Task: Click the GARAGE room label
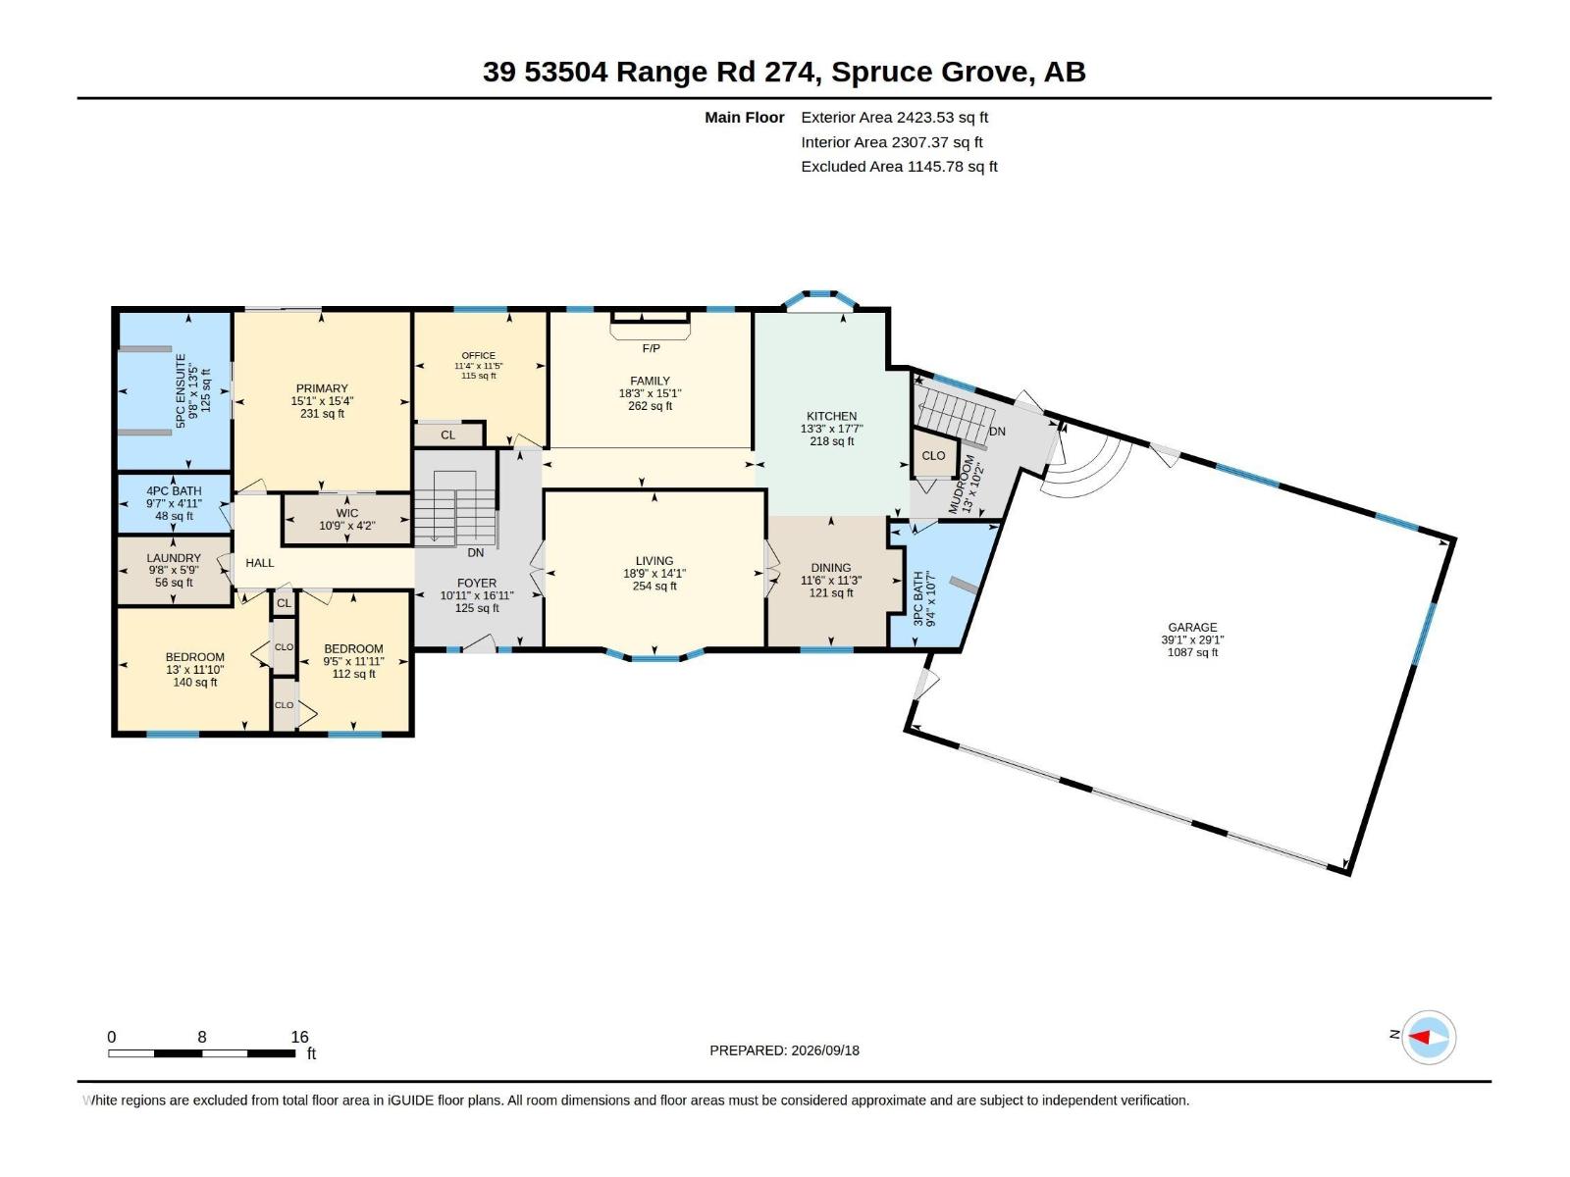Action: (x=1192, y=628)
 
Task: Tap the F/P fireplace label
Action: (x=651, y=348)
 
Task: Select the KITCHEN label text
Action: (x=831, y=416)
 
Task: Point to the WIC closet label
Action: (x=347, y=513)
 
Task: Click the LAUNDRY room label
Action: (x=174, y=558)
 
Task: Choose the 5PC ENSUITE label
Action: (x=181, y=391)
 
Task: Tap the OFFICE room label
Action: (x=479, y=355)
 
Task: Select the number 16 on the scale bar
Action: (x=299, y=1036)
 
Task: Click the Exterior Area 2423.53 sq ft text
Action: (x=894, y=117)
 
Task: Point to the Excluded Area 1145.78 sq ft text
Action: (x=899, y=167)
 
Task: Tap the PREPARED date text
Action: (x=785, y=1050)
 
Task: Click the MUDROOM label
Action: (x=962, y=484)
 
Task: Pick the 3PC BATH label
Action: (x=918, y=599)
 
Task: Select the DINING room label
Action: (x=831, y=568)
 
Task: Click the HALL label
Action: (x=260, y=563)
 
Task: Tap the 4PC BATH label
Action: (x=174, y=491)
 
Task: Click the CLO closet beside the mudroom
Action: (x=933, y=455)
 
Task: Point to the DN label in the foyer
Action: (x=476, y=552)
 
